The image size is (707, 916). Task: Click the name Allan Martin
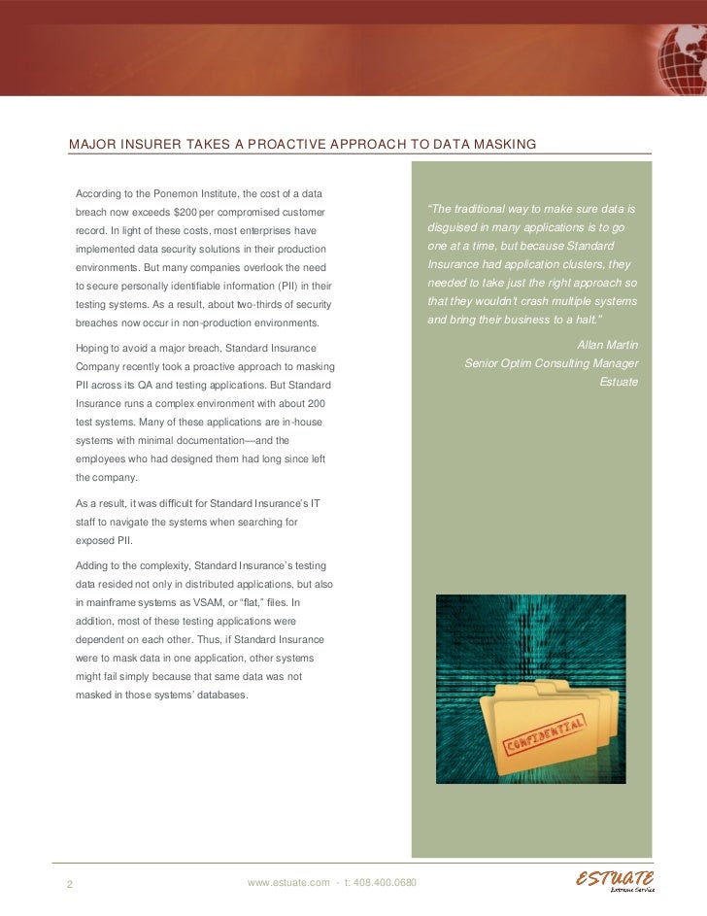607,345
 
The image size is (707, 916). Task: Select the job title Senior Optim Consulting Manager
551,363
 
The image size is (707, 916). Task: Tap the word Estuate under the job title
619,382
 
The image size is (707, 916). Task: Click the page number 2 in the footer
70,884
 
